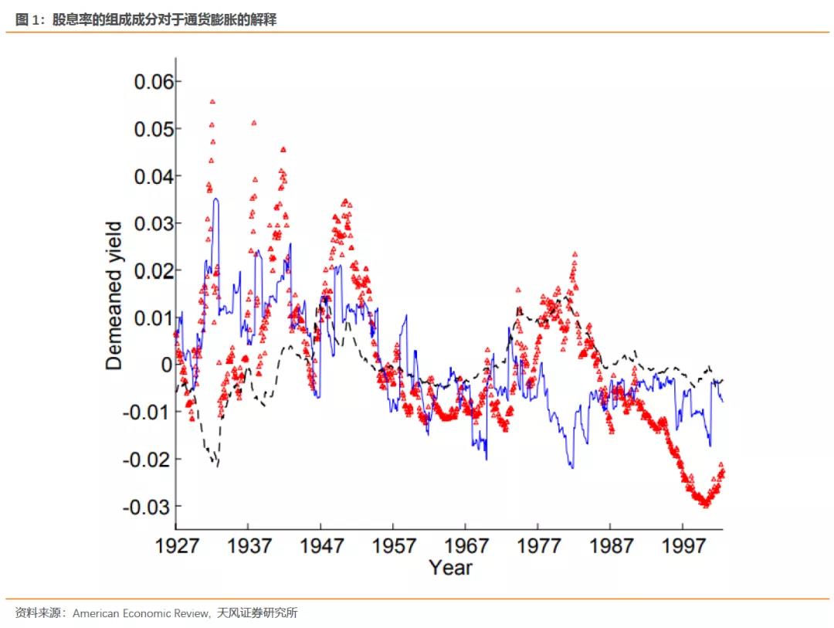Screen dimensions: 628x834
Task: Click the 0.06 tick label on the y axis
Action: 158,82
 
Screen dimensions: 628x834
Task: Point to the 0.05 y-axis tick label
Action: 158,129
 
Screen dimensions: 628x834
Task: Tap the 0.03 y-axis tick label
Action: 158,223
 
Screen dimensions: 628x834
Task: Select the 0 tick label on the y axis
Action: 168,365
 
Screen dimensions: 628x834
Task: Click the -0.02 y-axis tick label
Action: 153,459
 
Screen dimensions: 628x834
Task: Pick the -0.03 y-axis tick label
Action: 153,507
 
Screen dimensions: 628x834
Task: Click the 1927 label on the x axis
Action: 177,545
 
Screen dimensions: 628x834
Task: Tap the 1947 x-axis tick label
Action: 321,545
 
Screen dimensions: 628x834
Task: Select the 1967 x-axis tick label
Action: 466,545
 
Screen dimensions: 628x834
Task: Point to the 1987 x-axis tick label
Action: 611,545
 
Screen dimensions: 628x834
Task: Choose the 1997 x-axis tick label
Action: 683,545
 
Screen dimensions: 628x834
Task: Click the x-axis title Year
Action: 450,568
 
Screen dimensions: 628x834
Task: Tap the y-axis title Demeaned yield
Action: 114,296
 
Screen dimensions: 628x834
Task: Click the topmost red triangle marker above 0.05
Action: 212,101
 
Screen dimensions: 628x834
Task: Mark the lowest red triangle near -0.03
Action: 704,504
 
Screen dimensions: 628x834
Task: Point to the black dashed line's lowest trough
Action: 217,465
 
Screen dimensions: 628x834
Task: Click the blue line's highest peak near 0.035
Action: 216,199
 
